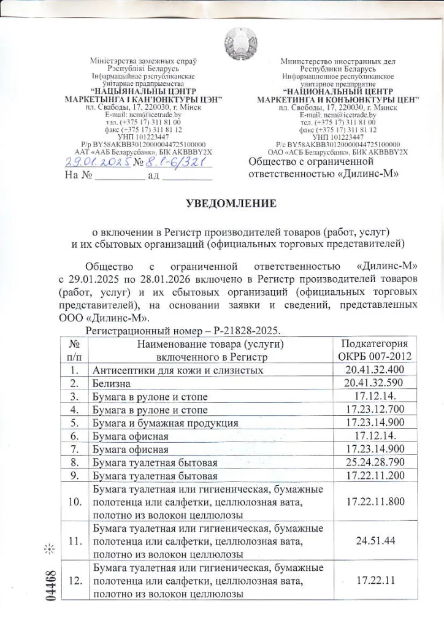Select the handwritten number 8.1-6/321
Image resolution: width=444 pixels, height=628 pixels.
(x=179, y=162)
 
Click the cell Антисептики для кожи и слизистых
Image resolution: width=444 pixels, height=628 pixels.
(x=178, y=370)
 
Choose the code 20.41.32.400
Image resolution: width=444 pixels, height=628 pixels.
(x=375, y=370)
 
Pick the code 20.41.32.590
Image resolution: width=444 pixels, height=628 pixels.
(x=375, y=383)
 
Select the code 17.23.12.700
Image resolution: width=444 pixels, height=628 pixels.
(x=375, y=410)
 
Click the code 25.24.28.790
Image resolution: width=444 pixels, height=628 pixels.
(x=375, y=462)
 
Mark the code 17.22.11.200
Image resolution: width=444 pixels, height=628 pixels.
(x=375, y=475)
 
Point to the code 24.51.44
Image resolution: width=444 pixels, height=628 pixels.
(x=375, y=541)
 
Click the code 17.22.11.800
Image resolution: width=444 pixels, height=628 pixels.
(x=375, y=502)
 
